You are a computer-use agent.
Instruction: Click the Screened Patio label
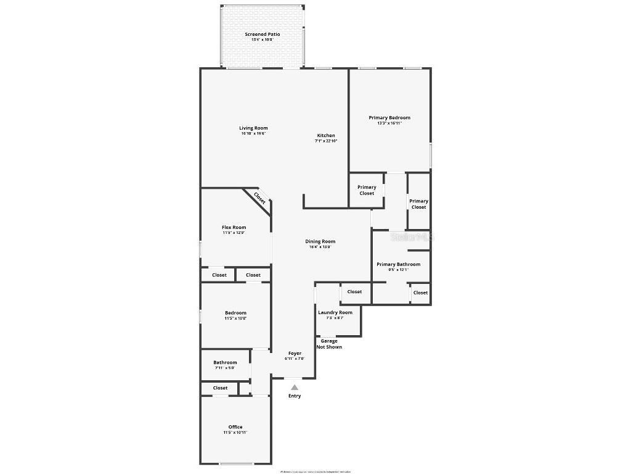(262, 34)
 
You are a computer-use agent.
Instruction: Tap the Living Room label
(253, 128)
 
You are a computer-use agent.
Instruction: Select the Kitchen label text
(326, 135)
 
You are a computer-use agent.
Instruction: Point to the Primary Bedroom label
(389, 117)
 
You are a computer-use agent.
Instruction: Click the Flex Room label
(234, 227)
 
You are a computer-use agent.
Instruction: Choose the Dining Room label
(320, 241)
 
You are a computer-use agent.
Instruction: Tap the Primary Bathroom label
(398, 264)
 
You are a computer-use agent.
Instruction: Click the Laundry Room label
(335, 312)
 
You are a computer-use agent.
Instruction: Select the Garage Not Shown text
(329, 344)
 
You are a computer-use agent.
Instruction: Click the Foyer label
(295, 353)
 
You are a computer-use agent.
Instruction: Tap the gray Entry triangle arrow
(295, 387)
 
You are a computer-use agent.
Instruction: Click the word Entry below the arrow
(295, 396)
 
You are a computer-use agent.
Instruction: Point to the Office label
(235, 426)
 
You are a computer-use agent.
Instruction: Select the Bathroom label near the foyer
(225, 362)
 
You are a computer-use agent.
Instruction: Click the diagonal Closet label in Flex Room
(260, 198)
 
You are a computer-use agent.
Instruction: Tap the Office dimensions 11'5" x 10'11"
(235, 433)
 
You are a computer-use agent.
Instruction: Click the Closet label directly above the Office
(220, 388)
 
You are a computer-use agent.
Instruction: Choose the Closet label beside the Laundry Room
(354, 291)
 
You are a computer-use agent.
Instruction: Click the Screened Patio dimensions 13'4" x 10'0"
(262, 39)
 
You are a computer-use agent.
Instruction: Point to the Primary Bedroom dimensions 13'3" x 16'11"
(389, 123)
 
